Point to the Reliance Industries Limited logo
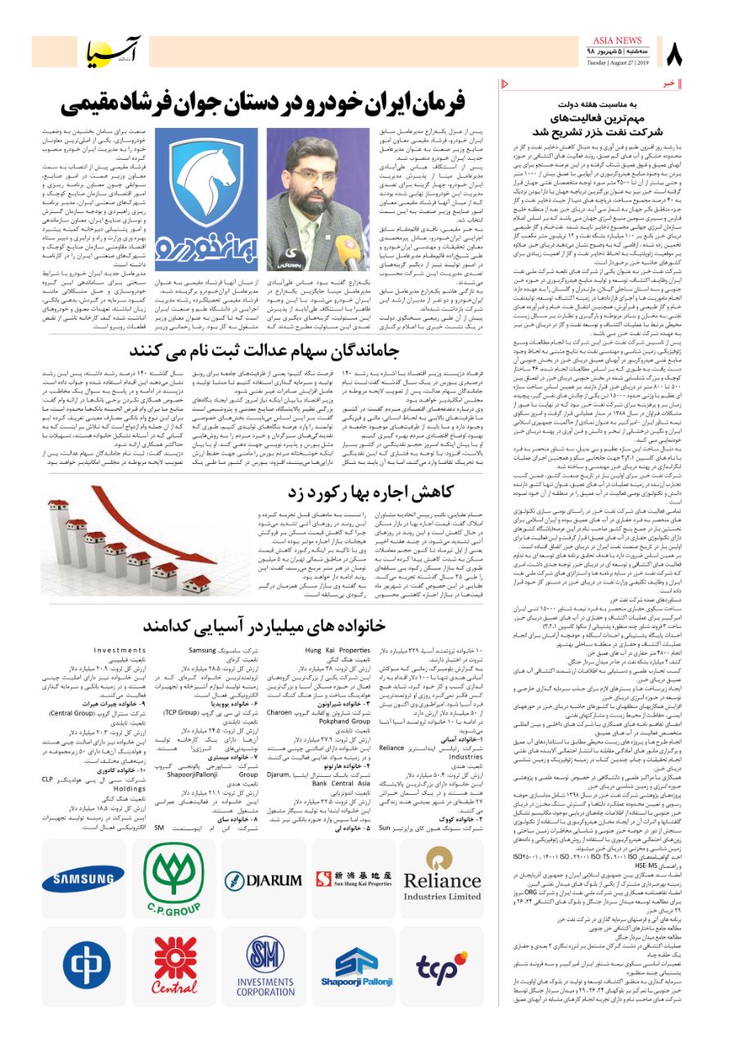[442, 881]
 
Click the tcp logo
[442, 967]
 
